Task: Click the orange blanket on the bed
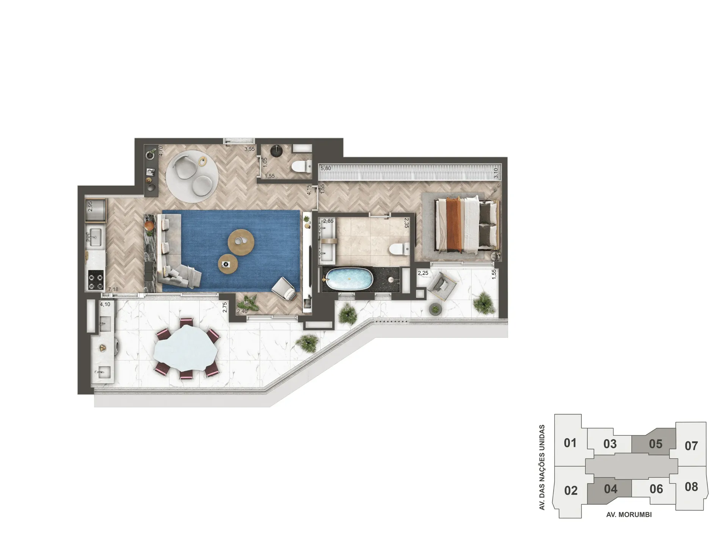pyautogui.click(x=453, y=224)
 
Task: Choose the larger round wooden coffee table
pyautogui.click(x=241, y=241)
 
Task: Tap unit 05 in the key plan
pyautogui.click(x=655, y=444)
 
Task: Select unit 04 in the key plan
pyautogui.click(x=610, y=489)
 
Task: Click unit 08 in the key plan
pyautogui.click(x=691, y=487)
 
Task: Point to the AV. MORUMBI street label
pyautogui.click(x=629, y=515)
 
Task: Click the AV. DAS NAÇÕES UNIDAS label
pyautogui.click(x=542, y=467)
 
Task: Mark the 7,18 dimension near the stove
pyautogui.click(x=113, y=289)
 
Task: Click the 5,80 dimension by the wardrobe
pyautogui.click(x=326, y=168)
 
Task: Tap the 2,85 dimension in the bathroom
pyautogui.click(x=328, y=221)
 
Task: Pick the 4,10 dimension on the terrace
pyautogui.click(x=105, y=304)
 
